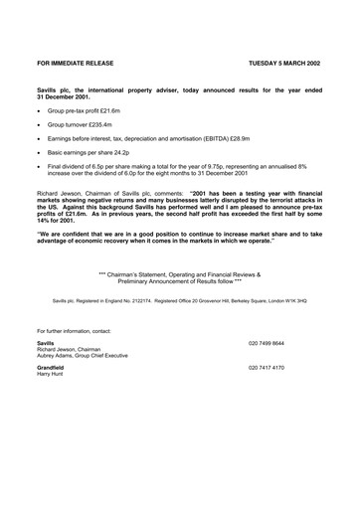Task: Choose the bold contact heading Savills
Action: pyautogui.click(x=45, y=342)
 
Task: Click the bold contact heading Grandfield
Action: pyautogui.click(x=51, y=367)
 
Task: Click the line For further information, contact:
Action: pyautogui.click(x=76, y=329)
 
